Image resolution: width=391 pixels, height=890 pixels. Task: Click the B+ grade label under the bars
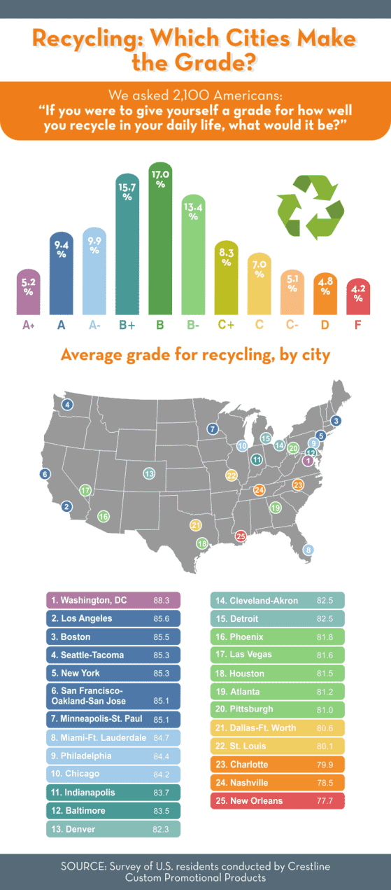coord(127,325)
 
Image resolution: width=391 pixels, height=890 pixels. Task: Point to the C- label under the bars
coord(292,325)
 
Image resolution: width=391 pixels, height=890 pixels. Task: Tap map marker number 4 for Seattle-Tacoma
coord(67,405)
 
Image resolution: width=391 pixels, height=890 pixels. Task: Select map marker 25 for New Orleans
coord(241,536)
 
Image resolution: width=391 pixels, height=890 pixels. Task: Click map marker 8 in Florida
coord(308,550)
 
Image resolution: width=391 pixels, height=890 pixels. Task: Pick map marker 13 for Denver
coord(149,474)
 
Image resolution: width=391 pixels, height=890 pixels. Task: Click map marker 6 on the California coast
coord(45,474)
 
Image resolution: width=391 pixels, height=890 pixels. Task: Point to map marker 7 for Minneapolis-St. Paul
coord(213,429)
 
